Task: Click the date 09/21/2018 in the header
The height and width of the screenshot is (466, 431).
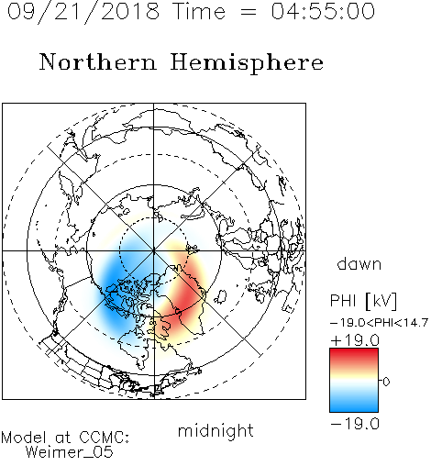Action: (x=83, y=12)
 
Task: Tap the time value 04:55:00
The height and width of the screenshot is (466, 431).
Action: (x=323, y=11)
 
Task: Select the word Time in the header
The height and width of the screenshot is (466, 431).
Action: (x=199, y=11)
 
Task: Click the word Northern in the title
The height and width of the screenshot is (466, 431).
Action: (x=98, y=61)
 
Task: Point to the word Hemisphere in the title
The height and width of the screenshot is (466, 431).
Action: (x=247, y=63)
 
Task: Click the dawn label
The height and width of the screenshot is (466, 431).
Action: (x=359, y=263)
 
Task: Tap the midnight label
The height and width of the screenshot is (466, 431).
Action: (x=215, y=430)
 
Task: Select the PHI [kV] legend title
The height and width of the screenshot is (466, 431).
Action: (x=363, y=301)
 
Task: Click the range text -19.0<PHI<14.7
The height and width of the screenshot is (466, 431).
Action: (x=379, y=323)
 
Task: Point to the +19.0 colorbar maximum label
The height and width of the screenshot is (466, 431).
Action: (x=355, y=340)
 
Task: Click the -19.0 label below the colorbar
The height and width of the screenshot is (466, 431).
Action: (x=355, y=424)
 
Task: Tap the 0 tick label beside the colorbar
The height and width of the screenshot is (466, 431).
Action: (x=386, y=382)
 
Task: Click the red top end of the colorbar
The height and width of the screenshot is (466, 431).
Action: (x=354, y=352)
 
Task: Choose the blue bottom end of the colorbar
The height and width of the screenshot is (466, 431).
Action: (x=354, y=408)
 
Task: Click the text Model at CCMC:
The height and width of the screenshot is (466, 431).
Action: (x=65, y=438)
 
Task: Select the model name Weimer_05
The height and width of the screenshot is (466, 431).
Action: (x=69, y=452)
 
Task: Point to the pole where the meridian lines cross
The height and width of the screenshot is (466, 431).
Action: (x=154, y=250)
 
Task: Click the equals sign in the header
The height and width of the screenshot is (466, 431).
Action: (x=249, y=12)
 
